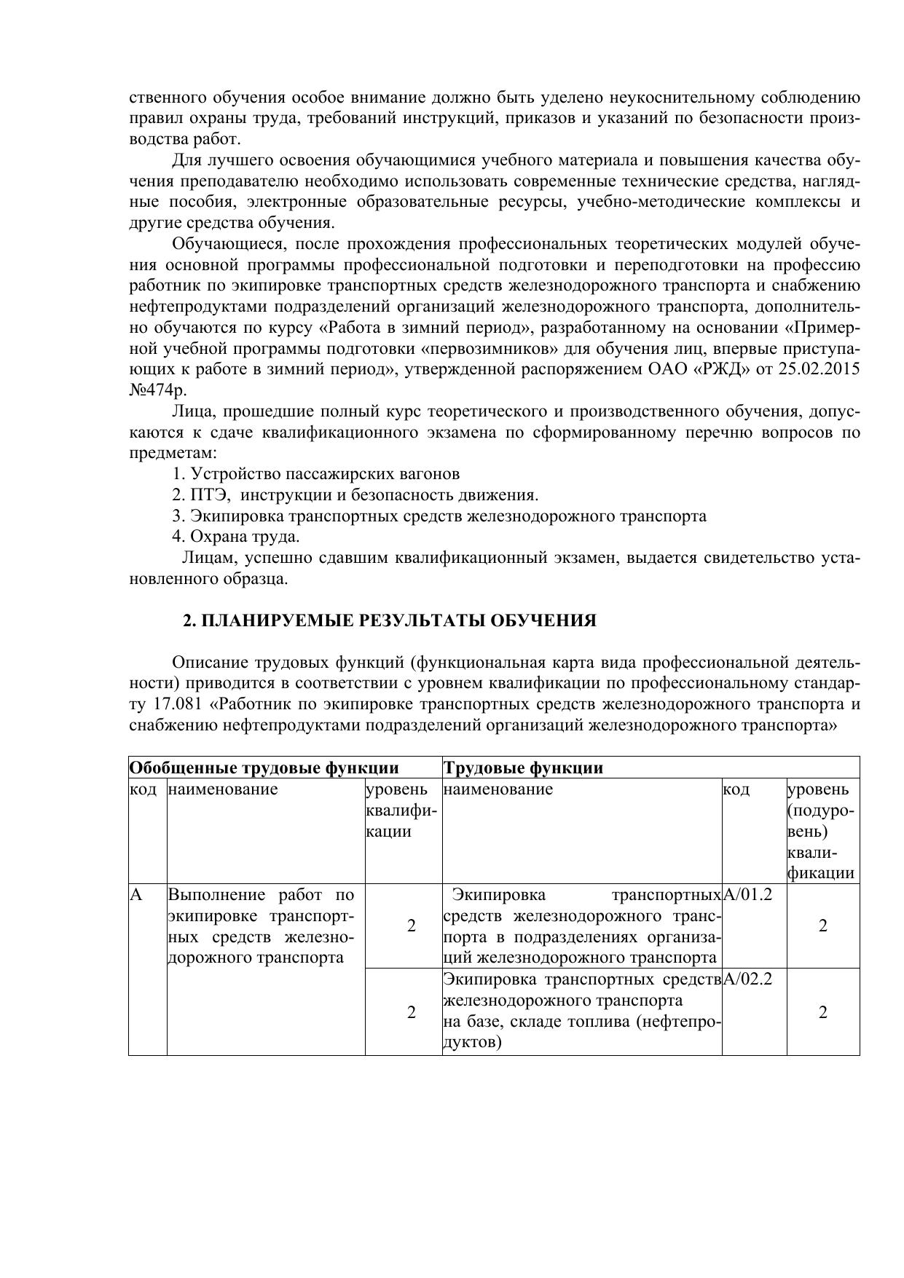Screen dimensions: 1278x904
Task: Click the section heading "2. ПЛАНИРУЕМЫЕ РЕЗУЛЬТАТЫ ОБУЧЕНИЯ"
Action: (389, 620)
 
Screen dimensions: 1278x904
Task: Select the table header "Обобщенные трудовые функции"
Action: (264, 768)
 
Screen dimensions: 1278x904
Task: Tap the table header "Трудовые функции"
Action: (523, 768)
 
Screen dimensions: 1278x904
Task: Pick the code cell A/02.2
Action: (747, 979)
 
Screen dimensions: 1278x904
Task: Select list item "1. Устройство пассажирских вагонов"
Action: (316, 474)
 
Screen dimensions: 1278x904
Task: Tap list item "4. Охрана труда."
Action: (236, 537)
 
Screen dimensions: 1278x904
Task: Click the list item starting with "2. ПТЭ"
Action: (355, 495)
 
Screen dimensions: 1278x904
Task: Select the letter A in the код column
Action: (135, 894)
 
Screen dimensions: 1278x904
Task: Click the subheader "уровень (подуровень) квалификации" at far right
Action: (821, 831)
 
